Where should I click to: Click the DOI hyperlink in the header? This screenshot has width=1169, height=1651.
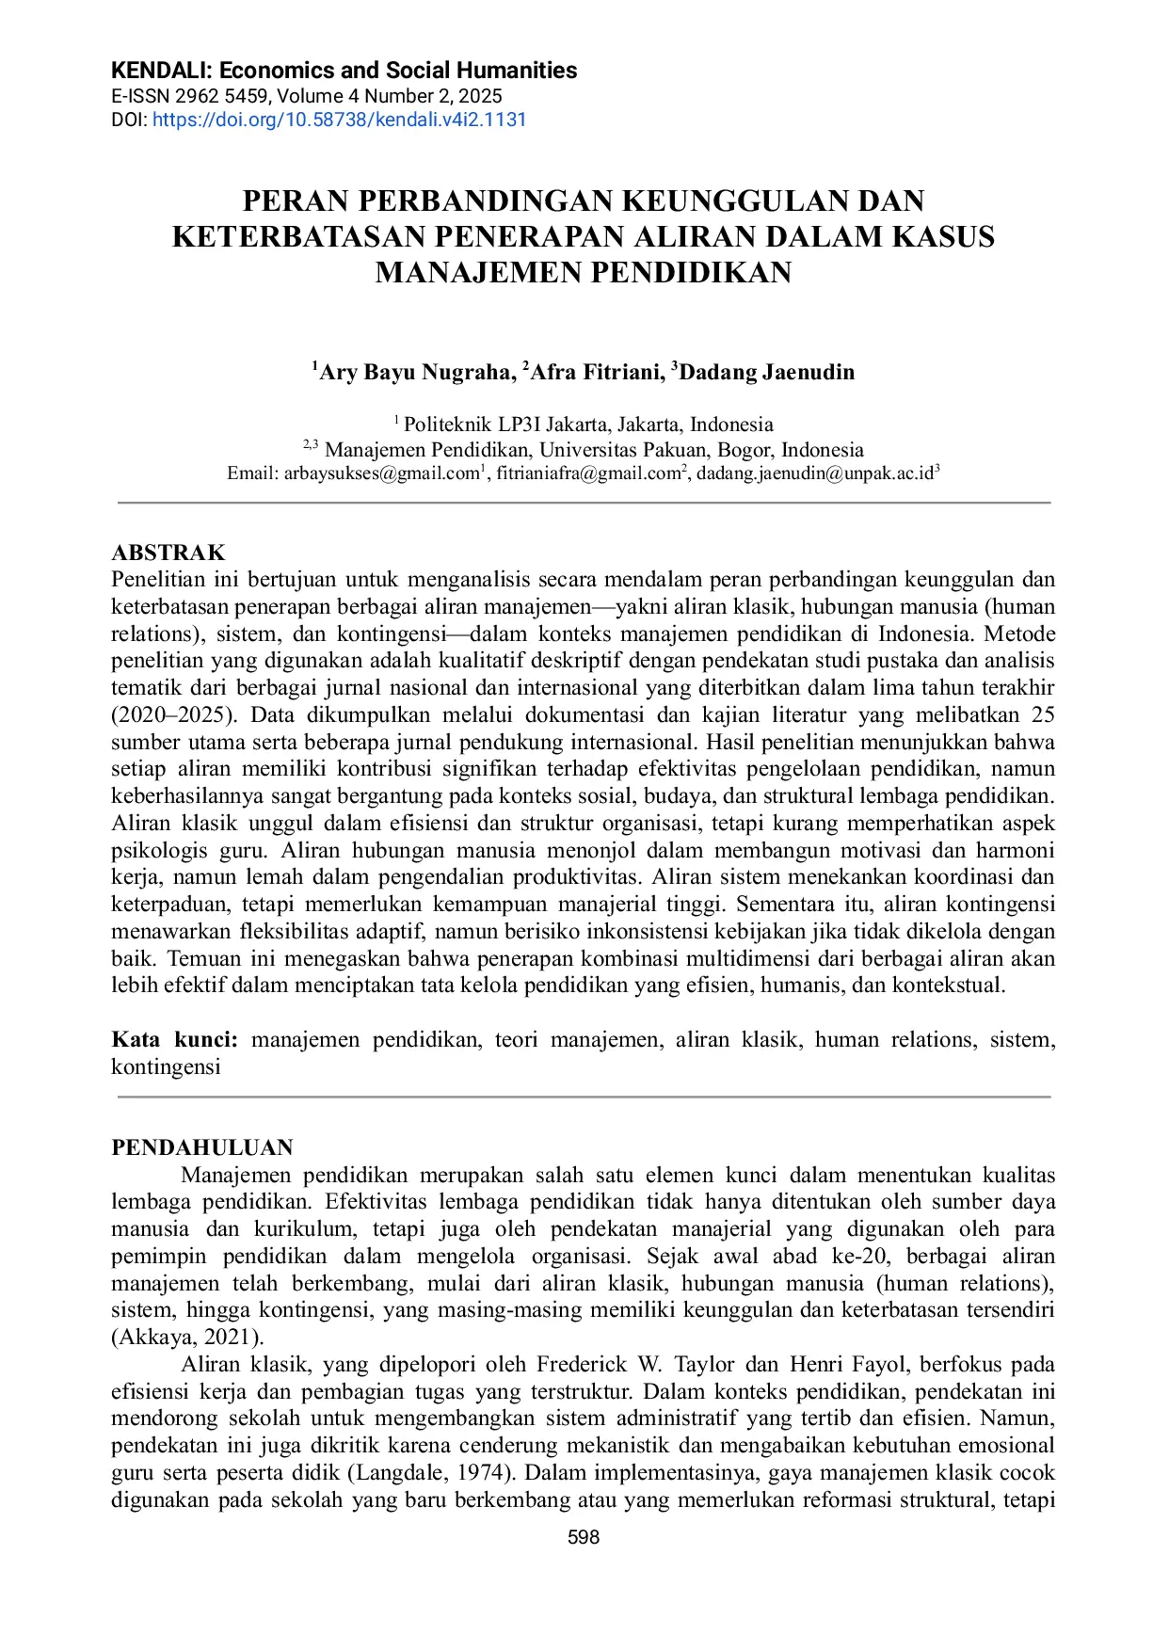[339, 120]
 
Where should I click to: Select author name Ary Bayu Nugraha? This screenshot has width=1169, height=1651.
[416, 373]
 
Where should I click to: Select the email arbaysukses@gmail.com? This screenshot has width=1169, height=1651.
[381, 473]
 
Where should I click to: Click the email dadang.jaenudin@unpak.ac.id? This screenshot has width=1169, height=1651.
[814, 473]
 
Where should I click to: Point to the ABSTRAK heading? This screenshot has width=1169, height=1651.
[168, 553]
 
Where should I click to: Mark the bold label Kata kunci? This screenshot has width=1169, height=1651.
[174, 1039]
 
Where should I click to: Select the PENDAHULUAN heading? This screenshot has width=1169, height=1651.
[202, 1147]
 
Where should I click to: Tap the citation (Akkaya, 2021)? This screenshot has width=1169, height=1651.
[187, 1337]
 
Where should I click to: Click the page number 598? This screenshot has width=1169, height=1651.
[584, 1537]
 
